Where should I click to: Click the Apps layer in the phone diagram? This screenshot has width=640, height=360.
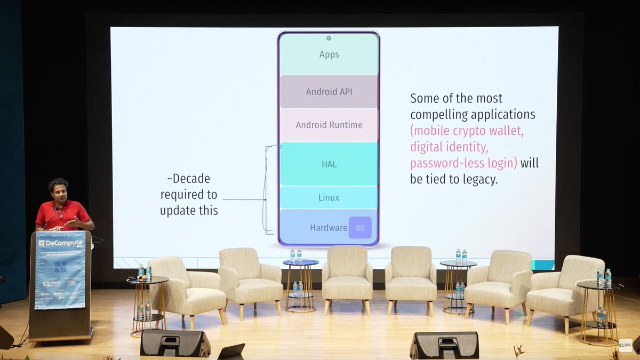(x=329, y=54)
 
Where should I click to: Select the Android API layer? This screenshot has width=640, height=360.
(x=329, y=92)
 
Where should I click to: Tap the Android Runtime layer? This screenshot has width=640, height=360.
(x=329, y=125)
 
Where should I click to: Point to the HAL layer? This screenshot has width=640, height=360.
(x=329, y=164)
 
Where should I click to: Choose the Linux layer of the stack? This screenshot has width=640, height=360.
(x=329, y=198)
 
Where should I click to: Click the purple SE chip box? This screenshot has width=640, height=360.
(x=360, y=228)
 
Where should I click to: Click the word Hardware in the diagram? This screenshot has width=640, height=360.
(x=329, y=228)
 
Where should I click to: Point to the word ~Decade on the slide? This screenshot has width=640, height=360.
(x=188, y=178)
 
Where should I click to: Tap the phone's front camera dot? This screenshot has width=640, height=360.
(x=329, y=38)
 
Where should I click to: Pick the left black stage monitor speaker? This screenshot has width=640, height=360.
(x=175, y=342)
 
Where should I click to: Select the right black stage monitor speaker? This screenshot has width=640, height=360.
(x=444, y=345)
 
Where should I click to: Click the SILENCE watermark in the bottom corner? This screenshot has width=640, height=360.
(x=625, y=345)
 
